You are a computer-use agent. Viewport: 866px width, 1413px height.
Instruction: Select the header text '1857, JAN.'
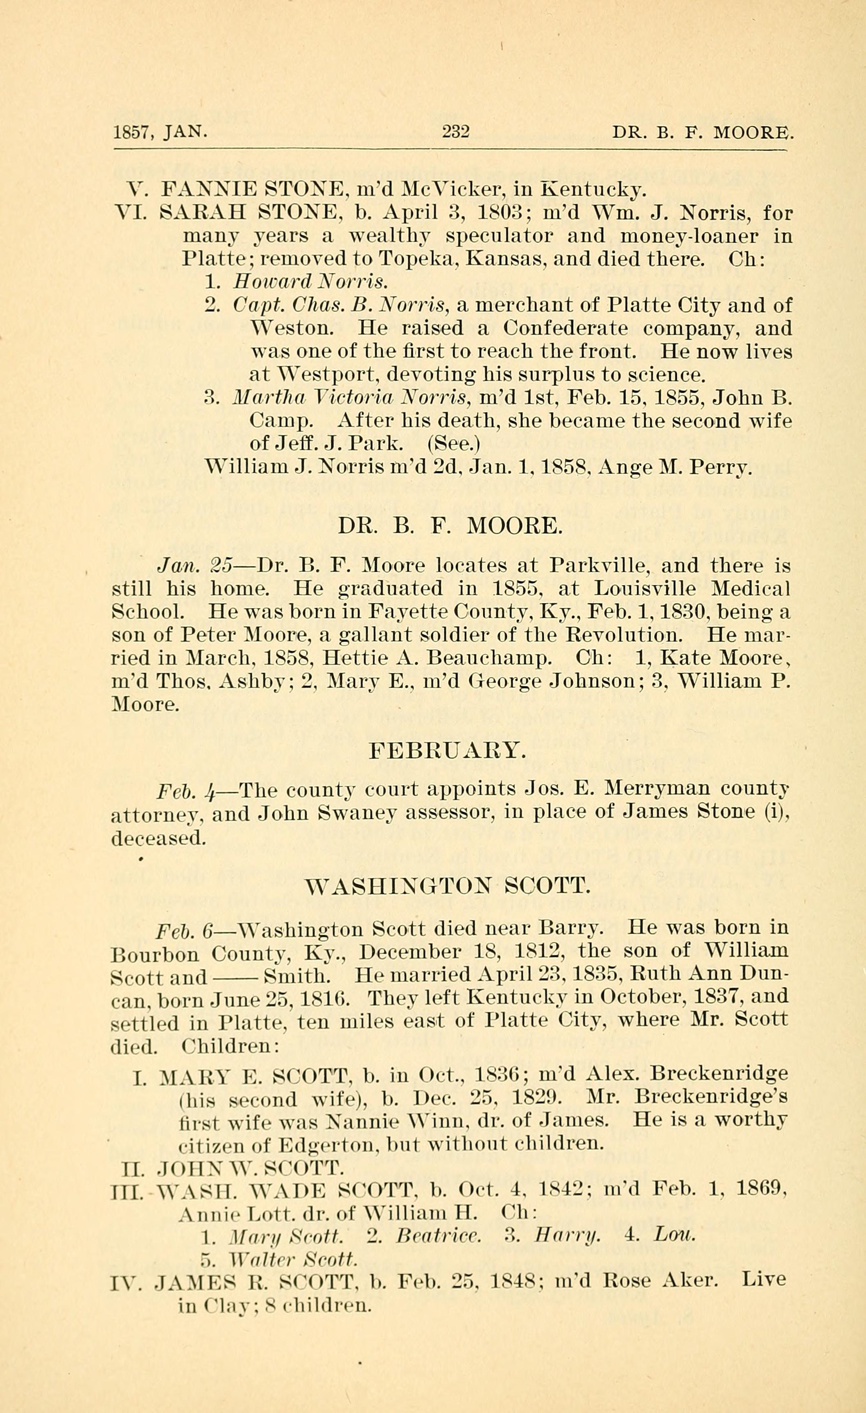tap(160, 133)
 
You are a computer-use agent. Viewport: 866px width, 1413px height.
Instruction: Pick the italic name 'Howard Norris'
tap(310, 282)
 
